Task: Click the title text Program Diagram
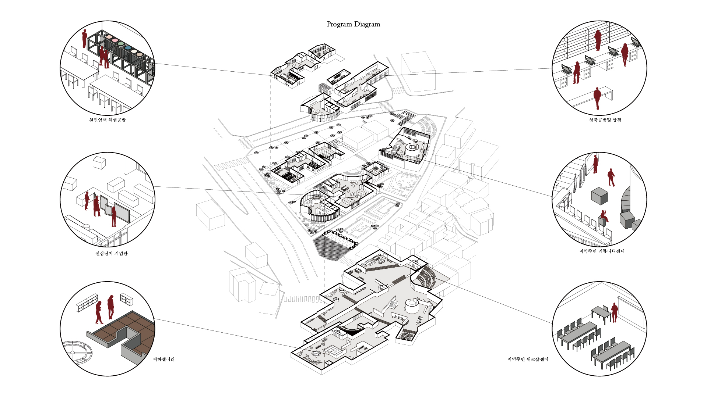coord(353,24)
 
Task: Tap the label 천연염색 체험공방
coord(107,120)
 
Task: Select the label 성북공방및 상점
coord(605,120)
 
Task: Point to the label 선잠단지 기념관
coord(111,254)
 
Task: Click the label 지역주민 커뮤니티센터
coord(602,251)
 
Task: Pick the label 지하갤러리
coord(163,360)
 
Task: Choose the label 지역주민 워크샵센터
coord(528,360)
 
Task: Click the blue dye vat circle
coord(128,47)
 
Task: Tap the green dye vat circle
coord(121,44)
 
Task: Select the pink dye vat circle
coord(115,40)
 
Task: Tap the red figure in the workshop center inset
coord(614,312)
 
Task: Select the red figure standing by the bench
coord(597,98)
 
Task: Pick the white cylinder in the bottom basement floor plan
coord(411,306)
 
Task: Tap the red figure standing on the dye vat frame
coord(85,39)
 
